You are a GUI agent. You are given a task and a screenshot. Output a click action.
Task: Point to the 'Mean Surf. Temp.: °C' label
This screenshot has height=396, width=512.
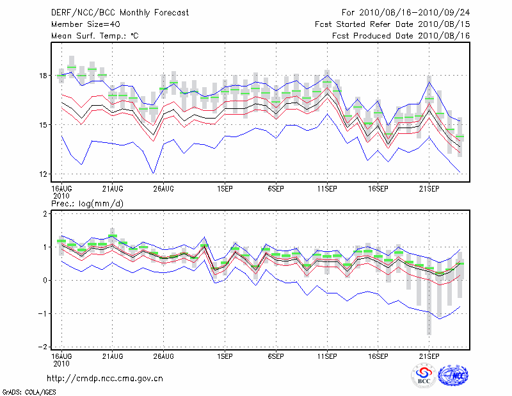pyautogui.click(x=95, y=36)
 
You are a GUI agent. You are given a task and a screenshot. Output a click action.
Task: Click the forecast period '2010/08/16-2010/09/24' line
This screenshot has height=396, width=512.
pyautogui.click(x=406, y=13)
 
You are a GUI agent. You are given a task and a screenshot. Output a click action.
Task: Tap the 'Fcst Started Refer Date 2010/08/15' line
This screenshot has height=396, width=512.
pyautogui.click(x=392, y=24)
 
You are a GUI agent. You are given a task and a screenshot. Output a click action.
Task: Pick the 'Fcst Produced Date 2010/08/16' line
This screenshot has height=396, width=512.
pyautogui.click(x=401, y=36)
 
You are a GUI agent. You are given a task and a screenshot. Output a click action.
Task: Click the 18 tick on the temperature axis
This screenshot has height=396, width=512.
pyautogui.click(x=43, y=76)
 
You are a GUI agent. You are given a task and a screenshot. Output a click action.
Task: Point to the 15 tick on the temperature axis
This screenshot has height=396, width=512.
pyautogui.click(x=43, y=125)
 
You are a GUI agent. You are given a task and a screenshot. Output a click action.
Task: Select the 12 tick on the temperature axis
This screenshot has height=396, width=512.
pyautogui.click(x=43, y=174)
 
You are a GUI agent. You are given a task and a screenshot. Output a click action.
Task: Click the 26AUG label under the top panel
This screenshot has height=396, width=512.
pyautogui.click(x=164, y=189)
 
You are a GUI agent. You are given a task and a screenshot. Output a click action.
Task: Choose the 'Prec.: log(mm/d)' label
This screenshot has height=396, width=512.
pyautogui.click(x=88, y=203)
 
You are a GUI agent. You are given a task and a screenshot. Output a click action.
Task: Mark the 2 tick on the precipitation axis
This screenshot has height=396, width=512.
pyautogui.click(x=45, y=214)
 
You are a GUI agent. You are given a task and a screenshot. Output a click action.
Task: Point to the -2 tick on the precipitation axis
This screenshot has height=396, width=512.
pyautogui.click(x=42, y=347)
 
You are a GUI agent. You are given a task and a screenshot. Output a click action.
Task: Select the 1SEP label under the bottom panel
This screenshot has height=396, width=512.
pyautogui.click(x=225, y=356)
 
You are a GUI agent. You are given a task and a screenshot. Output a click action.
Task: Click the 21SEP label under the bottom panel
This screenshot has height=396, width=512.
pyautogui.click(x=429, y=356)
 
